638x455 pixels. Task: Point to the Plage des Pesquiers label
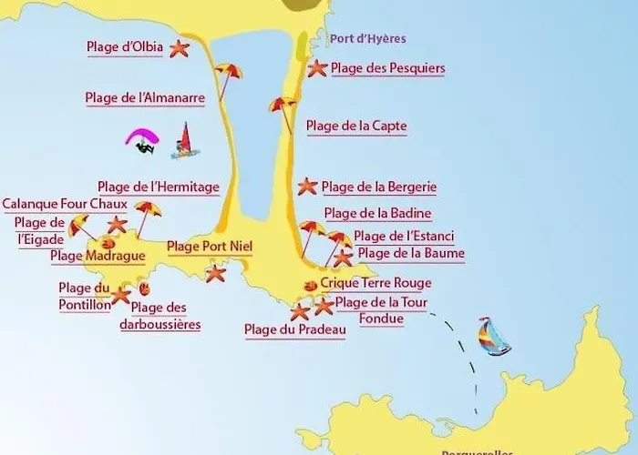coord(387,67)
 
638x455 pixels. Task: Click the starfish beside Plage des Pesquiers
coord(316,67)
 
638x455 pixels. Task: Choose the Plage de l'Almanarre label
coord(145,96)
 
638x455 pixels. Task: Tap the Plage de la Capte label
coord(356,126)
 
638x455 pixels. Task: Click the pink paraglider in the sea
coord(141,141)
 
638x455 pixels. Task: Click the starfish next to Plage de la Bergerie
coord(307,187)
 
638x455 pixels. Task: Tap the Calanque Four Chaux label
coord(65,204)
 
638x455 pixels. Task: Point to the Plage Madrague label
coord(98,256)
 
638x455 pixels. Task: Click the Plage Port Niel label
coord(210,246)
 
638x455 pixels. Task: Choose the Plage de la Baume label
coord(411,253)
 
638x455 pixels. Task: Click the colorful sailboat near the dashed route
coord(495,336)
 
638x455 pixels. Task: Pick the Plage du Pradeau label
coord(295,329)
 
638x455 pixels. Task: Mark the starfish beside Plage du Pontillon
coord(120,295)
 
